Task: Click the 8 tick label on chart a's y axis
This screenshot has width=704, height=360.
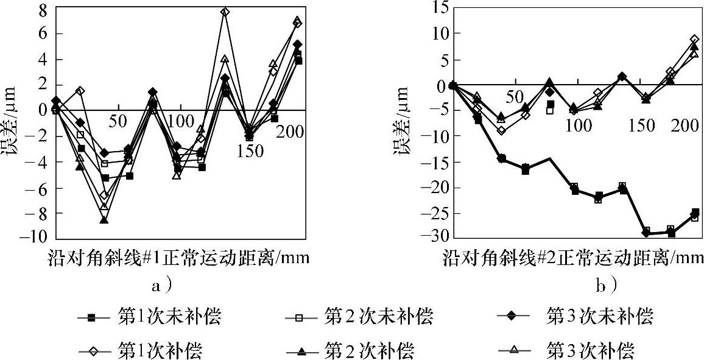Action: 41,10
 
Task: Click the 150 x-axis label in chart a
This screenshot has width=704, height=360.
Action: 250,150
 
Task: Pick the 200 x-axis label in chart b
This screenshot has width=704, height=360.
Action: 686,126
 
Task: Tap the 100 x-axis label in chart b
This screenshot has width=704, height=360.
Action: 579,126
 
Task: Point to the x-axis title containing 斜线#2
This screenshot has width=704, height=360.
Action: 572,258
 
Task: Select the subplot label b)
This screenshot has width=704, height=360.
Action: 605,284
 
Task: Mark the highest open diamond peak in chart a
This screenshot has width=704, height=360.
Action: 225,12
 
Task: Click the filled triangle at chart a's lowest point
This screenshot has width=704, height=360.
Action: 104,220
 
